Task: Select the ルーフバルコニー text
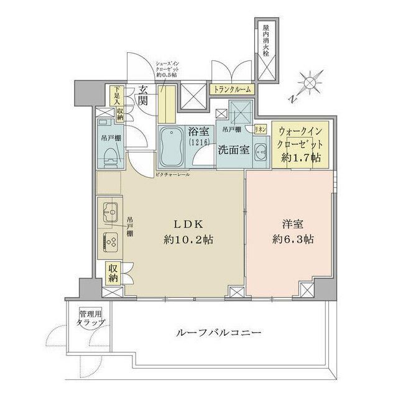click(x=218, y=333)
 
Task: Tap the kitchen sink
click(x=109, y=212)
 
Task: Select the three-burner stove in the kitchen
click(x=110, y=239)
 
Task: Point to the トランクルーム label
click(x=233, y=89)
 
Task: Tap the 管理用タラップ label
click(x=91, y=318)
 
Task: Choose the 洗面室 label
click(x=233, y=150)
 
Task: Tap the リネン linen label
click(x=261, y=129)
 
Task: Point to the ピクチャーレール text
click(x=172, y=175)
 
